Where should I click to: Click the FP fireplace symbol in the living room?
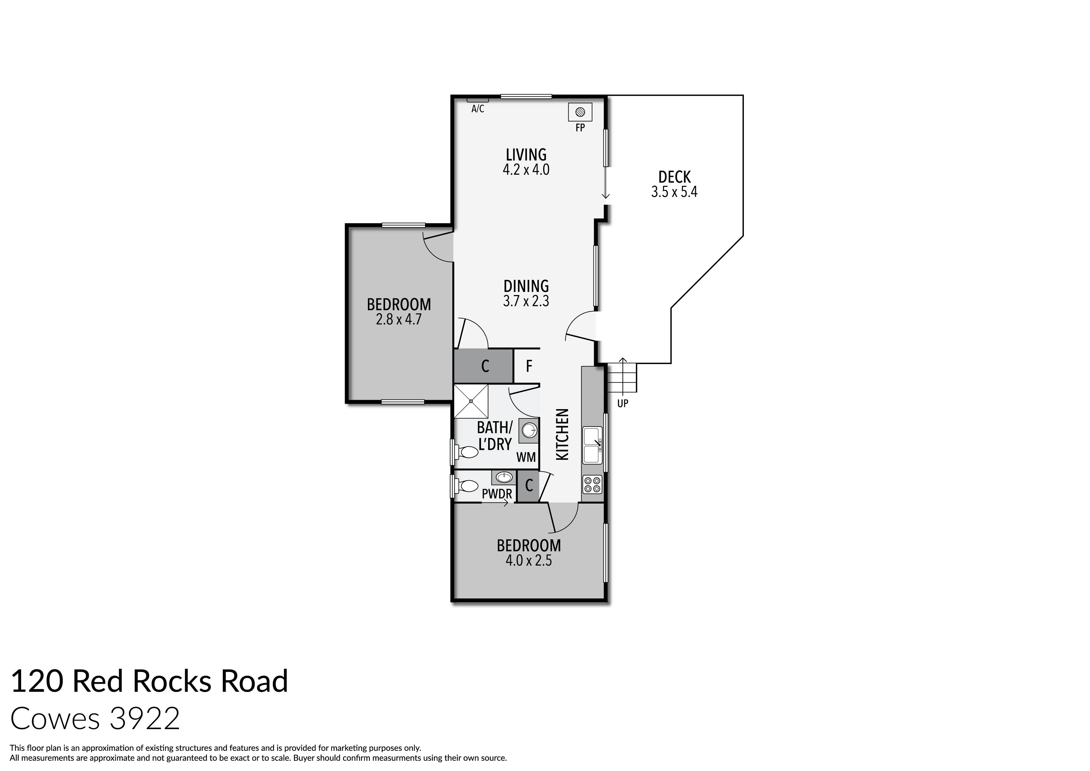coord(580,113)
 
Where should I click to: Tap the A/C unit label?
coord(478,109)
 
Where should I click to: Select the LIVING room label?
coord(526,155)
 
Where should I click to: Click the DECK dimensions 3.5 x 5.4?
coord(674,192)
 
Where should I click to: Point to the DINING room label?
coord(526,286)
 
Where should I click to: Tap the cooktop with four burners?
coord(592,484)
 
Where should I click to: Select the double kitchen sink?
coord(592,445)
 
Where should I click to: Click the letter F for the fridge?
coord(529,366)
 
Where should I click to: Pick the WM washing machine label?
coord(526,457)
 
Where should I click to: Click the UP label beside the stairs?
coord(622,404)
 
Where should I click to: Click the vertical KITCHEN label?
coord(562,434)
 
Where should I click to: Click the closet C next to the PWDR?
coord(529,486)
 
